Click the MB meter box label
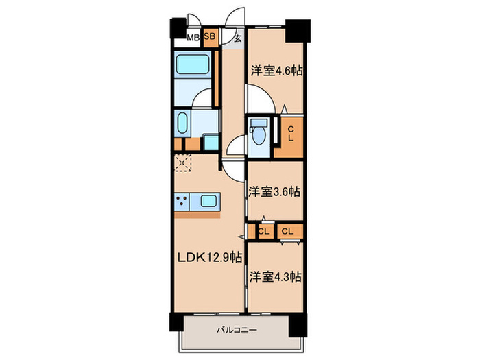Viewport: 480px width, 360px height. [193, 38]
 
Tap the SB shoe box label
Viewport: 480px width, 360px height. [210, 36]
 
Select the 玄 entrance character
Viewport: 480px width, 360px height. [238, 38]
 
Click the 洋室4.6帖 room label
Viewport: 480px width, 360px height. [277, 71]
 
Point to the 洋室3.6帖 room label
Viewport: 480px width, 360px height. [274, 191]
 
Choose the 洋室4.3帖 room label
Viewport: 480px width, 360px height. [276, 276]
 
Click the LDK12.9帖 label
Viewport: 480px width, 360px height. [210, 257]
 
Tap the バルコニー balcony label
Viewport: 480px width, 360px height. [237, 330]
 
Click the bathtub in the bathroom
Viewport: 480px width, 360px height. [193, 64]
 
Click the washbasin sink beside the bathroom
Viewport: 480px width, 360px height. [182, 123]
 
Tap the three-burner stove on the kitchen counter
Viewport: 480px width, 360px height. [182, 201]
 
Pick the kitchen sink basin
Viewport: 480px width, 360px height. [208, 201]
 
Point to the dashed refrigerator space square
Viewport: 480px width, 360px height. [183, 163]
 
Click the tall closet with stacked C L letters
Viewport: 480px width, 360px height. [289, 137]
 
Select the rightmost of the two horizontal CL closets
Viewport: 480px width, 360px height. [290, 231]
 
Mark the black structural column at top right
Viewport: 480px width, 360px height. [298, 31]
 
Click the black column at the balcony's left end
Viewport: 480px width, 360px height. [177, 322]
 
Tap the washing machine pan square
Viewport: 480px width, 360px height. [211, 142]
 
